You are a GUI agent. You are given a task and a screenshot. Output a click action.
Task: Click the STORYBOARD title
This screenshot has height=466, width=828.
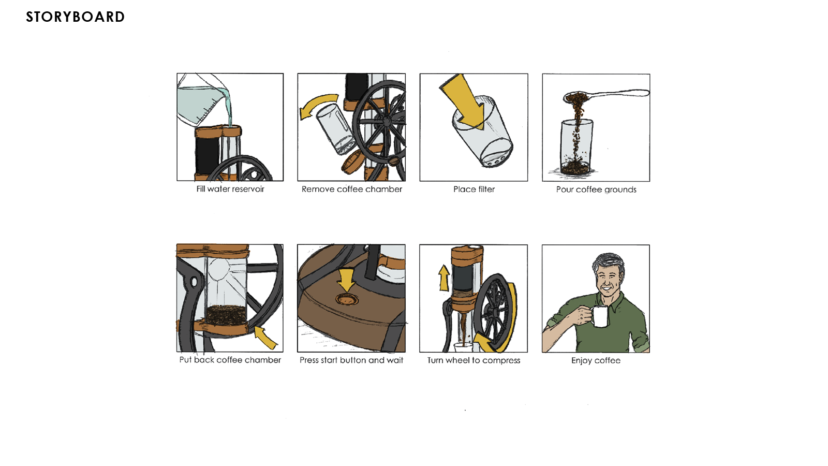76,17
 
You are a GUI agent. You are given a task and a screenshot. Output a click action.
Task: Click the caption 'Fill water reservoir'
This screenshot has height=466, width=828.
230,189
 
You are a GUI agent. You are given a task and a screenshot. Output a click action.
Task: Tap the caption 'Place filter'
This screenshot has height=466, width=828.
474,190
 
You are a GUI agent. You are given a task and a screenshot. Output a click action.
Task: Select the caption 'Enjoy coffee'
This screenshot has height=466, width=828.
596,360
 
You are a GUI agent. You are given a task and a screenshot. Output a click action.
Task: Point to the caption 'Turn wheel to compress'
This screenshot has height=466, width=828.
474,360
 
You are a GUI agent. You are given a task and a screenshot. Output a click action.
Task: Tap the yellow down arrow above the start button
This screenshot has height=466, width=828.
346,280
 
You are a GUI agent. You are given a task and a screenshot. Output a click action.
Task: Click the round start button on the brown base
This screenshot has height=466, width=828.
347,299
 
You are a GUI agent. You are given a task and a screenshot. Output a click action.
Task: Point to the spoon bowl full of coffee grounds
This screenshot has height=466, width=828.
576,98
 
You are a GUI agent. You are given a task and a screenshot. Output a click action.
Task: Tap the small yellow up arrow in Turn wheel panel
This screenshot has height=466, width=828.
444,278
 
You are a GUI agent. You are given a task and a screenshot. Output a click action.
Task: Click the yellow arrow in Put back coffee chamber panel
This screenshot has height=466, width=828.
265,337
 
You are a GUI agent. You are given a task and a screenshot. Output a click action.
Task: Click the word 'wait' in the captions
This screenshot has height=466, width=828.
395,360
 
